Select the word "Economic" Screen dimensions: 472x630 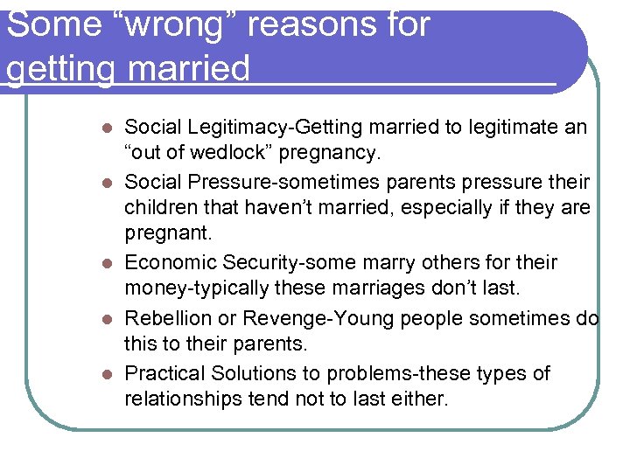[x=171, y=263]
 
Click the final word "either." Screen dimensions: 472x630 [x=419, y=399]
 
